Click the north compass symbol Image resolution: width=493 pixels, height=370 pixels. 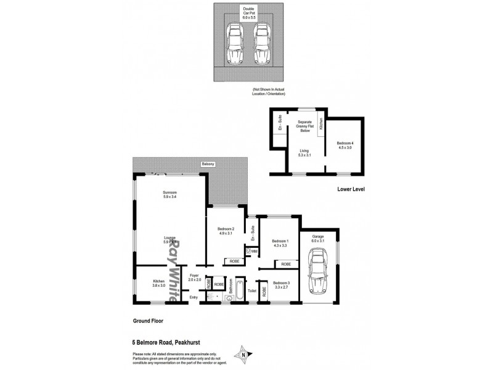(x=244, y=353)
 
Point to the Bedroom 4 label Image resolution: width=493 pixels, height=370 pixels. (x=344, y=145)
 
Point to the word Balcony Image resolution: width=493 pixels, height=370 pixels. (x=208, y=164)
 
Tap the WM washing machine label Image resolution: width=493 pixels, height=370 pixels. (x=253, y=251)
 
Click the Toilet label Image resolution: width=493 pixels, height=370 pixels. (x=252, y=289)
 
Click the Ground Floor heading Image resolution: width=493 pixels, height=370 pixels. (x=148, y=321)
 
